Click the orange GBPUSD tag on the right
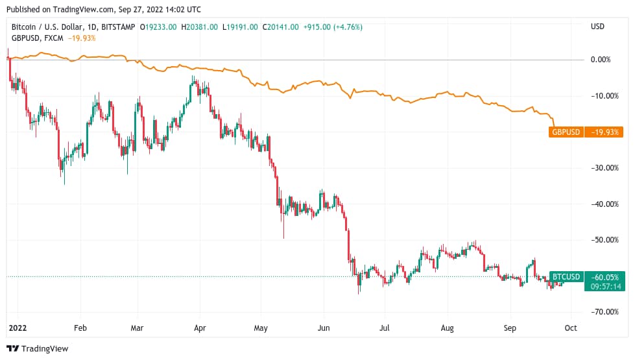[x=566, y=132]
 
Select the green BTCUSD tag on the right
[x=566, y=276]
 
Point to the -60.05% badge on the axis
[x=604, y=276]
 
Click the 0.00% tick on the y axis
[x=601, y=60]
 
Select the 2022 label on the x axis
[x=18, y=328]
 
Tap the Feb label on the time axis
[x=80, y=328]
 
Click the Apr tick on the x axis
[x=200, y=328]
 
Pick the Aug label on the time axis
[x=448, y=328]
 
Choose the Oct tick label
[x=570, y=328]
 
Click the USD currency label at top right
[x=597, y=27]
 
